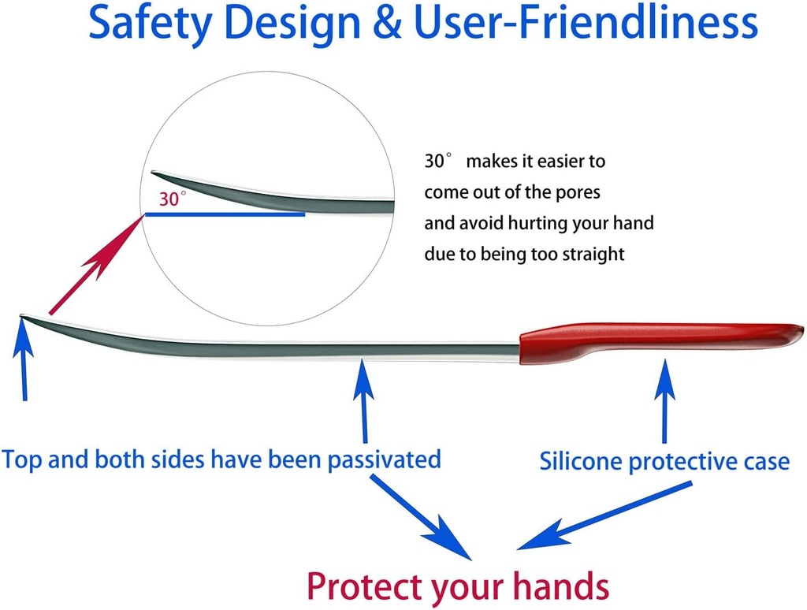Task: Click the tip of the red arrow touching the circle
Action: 143,215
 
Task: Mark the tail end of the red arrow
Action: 50,313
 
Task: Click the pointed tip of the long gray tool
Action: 20,315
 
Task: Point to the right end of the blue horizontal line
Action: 305,214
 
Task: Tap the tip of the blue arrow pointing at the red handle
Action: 664,359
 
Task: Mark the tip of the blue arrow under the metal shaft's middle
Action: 363,360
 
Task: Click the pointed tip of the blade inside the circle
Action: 151,173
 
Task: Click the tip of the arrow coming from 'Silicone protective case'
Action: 517,549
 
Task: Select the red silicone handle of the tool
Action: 661,342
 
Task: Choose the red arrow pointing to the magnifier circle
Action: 97,265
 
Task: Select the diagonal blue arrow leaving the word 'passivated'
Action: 421,517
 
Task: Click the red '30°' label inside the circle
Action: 173,198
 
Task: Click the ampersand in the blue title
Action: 386,23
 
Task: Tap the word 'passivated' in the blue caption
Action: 384,459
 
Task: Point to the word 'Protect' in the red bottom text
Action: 365,586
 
